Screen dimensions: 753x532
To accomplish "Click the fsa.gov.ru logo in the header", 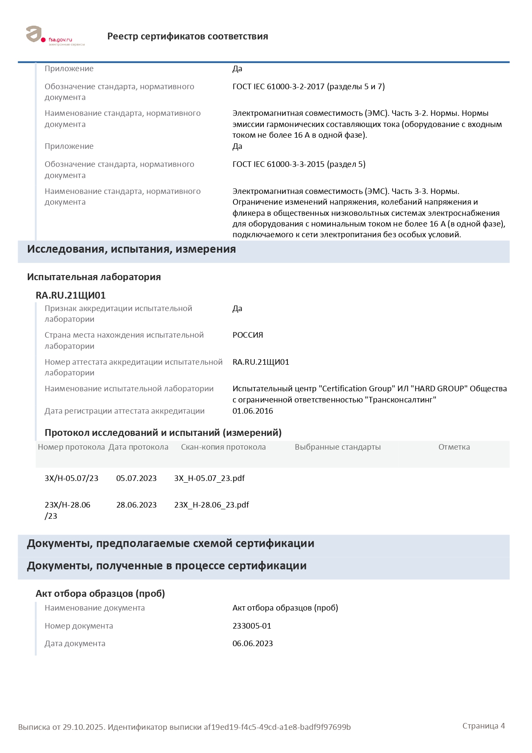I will pos(55,36).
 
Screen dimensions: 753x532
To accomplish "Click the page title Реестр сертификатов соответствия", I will pos(187,36).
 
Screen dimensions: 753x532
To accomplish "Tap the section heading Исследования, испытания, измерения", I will pos(131,249).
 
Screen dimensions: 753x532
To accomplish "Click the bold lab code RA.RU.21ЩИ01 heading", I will pos(70,295).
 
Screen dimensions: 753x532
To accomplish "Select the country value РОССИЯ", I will pos(248,335).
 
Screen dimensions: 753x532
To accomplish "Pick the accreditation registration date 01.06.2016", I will pos(253,411).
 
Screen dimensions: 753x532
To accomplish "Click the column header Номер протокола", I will pos(71,447).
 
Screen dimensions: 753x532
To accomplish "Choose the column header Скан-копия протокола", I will pos(223,447).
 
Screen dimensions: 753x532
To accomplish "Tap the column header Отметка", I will pos(454,447).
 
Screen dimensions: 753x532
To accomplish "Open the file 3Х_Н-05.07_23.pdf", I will pos(209,478).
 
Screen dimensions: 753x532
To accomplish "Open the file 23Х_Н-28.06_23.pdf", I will pos(212,505).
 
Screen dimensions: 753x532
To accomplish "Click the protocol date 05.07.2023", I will pos(136,478).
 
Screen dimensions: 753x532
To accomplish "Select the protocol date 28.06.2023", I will pos(136,505).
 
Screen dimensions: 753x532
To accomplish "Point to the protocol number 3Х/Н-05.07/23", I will pos(72,478).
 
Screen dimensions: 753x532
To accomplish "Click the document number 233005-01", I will pos(252,626).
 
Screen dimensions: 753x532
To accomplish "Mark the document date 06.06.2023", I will pos(253,644).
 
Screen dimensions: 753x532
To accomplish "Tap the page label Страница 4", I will pos(484,726).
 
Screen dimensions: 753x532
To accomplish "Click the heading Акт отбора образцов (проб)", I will pos(100,594).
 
